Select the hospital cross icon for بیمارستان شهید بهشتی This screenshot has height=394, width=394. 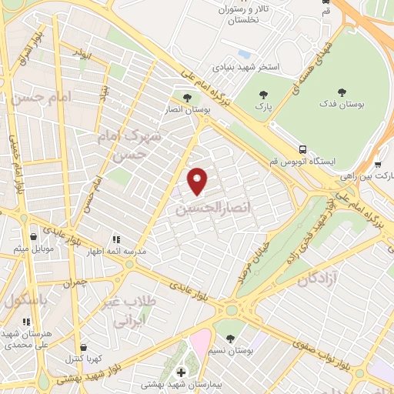coord(181,372)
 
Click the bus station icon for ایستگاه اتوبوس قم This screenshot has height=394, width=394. coord(302,149)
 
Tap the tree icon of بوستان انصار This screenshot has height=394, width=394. coord(188,98)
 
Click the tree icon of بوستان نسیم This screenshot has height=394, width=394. coord(229,339)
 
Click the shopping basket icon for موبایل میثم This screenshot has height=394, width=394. coord(33,238)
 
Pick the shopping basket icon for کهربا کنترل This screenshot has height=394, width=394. coord(84,347)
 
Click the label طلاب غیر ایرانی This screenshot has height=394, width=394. coord(135,311)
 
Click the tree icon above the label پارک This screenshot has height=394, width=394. coord(264,95)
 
